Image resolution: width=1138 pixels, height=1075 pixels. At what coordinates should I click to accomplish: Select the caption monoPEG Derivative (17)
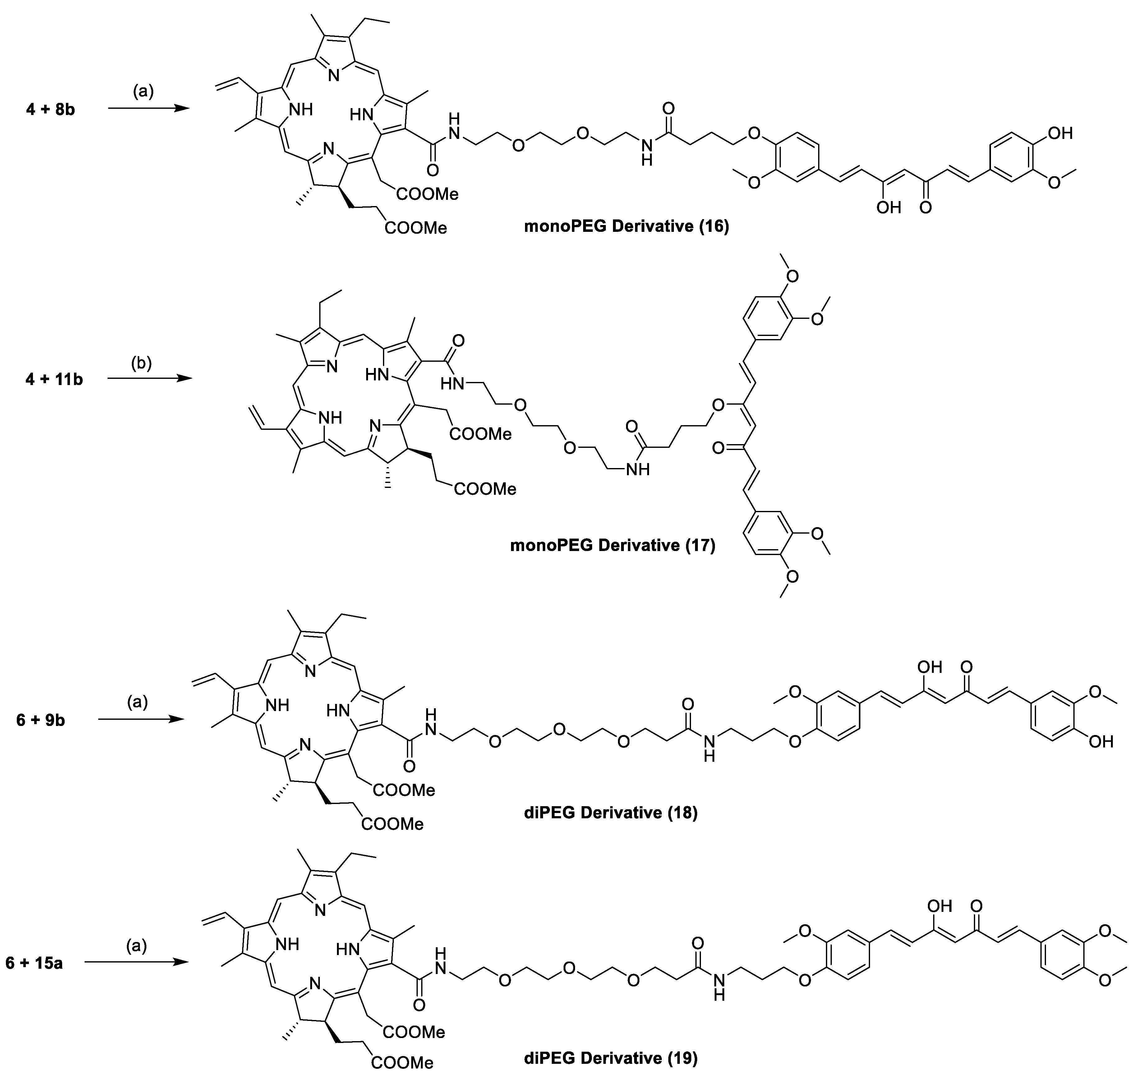613,545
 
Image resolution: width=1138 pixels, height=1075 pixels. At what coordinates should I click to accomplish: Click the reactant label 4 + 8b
50,109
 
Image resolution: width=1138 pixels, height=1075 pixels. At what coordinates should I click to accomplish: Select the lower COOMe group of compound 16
415,228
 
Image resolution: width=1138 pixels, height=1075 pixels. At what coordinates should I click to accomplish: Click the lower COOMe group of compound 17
485,489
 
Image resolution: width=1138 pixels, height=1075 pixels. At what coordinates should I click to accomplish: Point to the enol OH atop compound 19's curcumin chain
938,906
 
